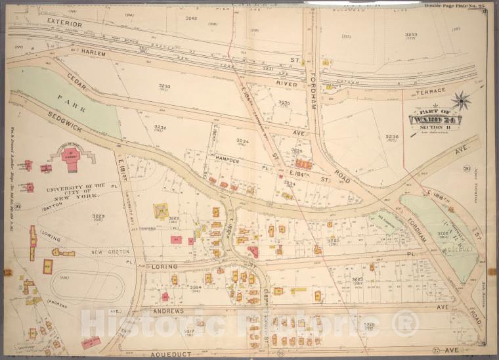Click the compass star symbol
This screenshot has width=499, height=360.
click(x=462, y=100)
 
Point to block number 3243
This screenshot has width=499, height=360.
click(x=411, y=34)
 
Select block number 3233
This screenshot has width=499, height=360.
click(x=164, y=85)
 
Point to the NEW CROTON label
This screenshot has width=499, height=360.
click(x=109, y=252)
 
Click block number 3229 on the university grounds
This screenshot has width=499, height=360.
click(x=98, y=215)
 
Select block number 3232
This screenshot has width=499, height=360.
click(x=160, y=127)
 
